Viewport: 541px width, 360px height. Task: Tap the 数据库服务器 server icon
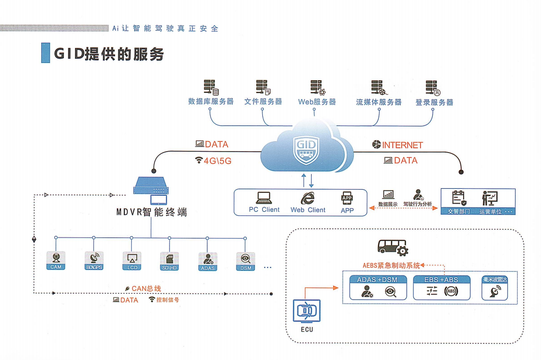click(x=211, y=88)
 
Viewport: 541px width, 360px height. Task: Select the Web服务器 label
click(x=317, y=102)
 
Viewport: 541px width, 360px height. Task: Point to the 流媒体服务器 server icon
click(x=379, y=88)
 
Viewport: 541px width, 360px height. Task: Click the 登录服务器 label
click(x=434, y=102)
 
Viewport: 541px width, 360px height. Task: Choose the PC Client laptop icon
click(x=264, y=198)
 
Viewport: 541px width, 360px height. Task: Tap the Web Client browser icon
click(x=307, y=198)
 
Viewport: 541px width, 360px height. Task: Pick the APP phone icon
click(x=347, y=199)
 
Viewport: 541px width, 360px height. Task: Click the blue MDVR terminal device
click(x=151, y=185)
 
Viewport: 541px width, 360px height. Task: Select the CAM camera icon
click(x=56, y=258)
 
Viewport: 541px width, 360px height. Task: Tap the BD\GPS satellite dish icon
click(x=94, y=258)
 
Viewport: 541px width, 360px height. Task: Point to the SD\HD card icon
click(x=169, y=258)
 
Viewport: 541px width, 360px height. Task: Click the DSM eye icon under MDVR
click(x=245, y=259)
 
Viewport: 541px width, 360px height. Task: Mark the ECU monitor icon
click(x=307, y=311)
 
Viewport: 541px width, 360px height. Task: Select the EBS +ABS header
click(x=441, y=280)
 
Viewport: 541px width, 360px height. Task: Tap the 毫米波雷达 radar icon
click(x=495, y=292)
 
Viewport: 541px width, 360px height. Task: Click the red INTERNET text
click(x=402, y=145)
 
